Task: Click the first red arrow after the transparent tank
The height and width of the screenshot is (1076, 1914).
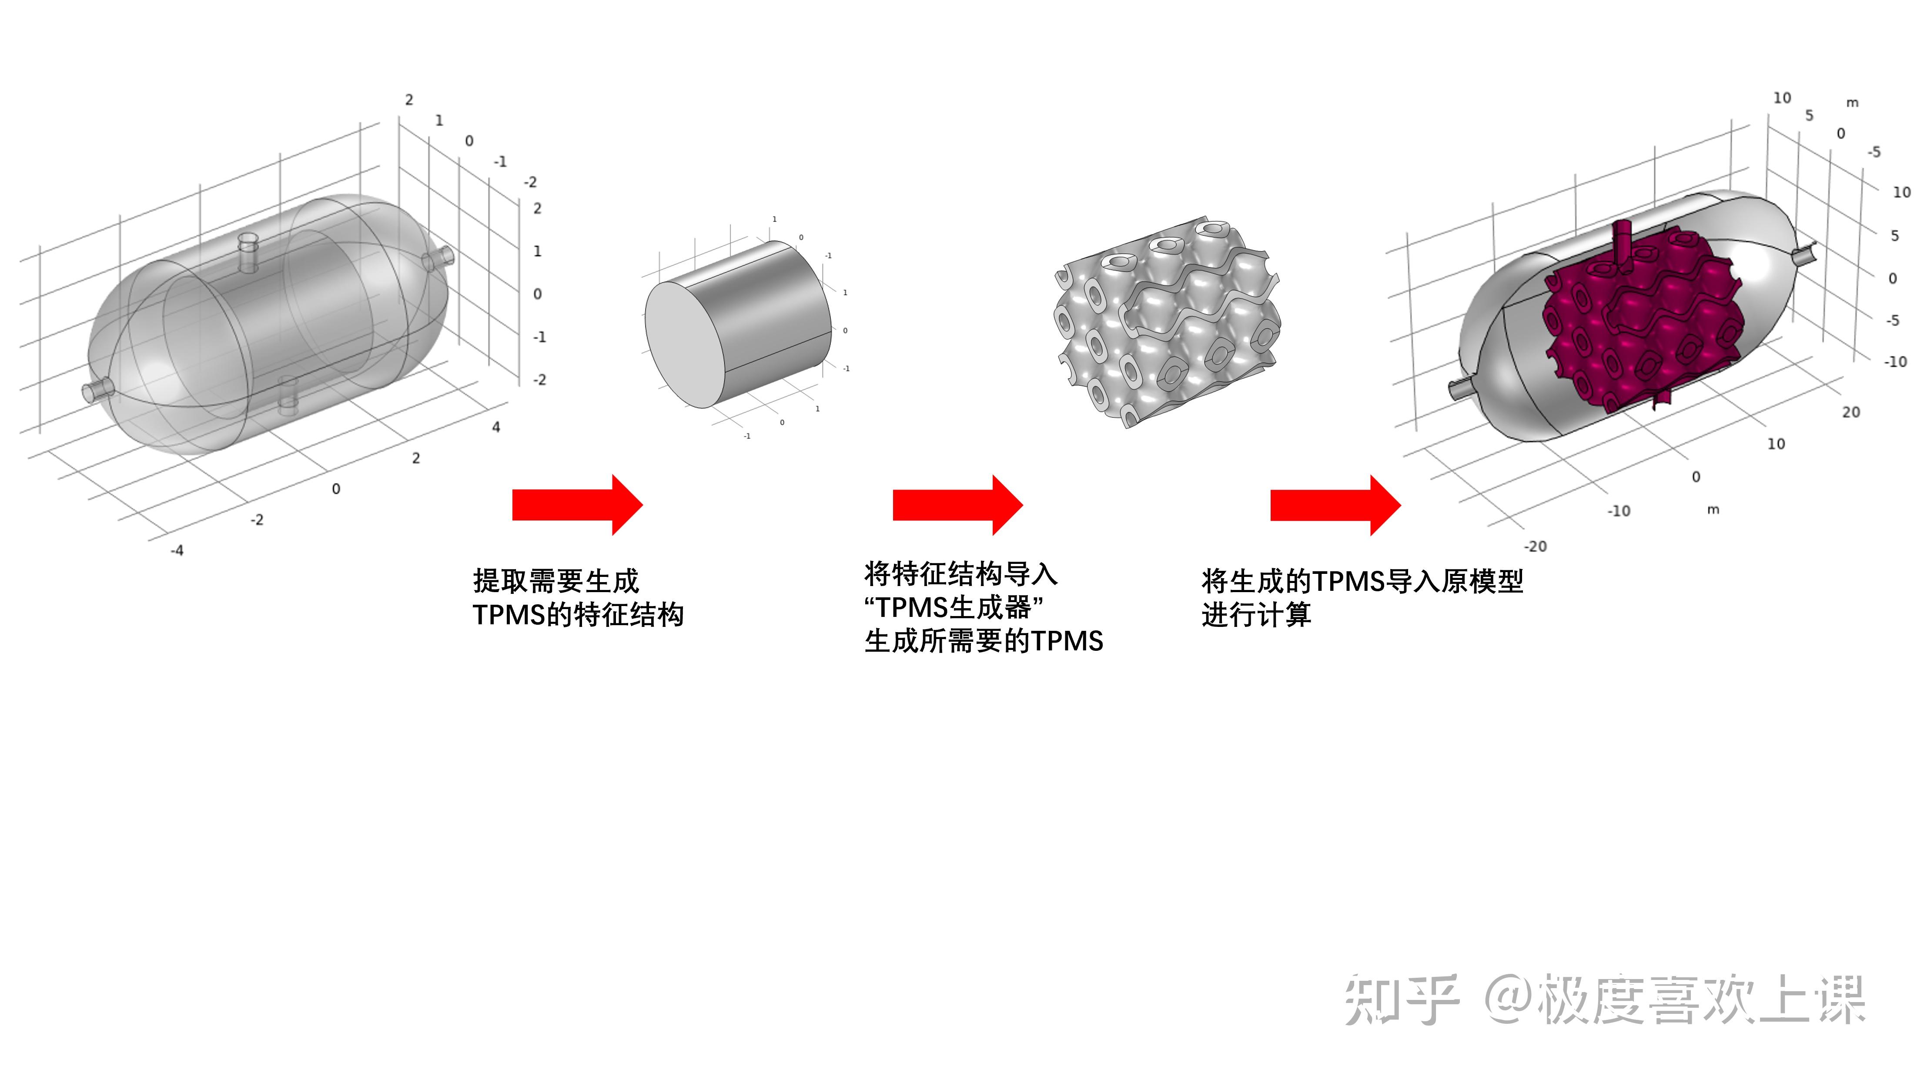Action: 577,505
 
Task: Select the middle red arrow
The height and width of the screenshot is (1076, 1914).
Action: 958,505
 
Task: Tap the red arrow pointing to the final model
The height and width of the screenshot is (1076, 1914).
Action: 1335,505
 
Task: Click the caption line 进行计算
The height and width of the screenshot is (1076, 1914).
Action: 1256,615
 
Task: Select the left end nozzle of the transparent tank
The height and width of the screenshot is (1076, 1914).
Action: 98,390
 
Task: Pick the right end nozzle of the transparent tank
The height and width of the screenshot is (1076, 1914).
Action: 438,258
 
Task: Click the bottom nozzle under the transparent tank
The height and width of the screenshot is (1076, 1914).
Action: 287,395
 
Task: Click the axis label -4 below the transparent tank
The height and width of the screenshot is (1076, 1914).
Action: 177,550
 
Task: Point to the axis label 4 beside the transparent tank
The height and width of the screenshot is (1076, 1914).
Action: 495,427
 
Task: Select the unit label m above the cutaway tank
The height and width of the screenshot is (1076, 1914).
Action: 1852,103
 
